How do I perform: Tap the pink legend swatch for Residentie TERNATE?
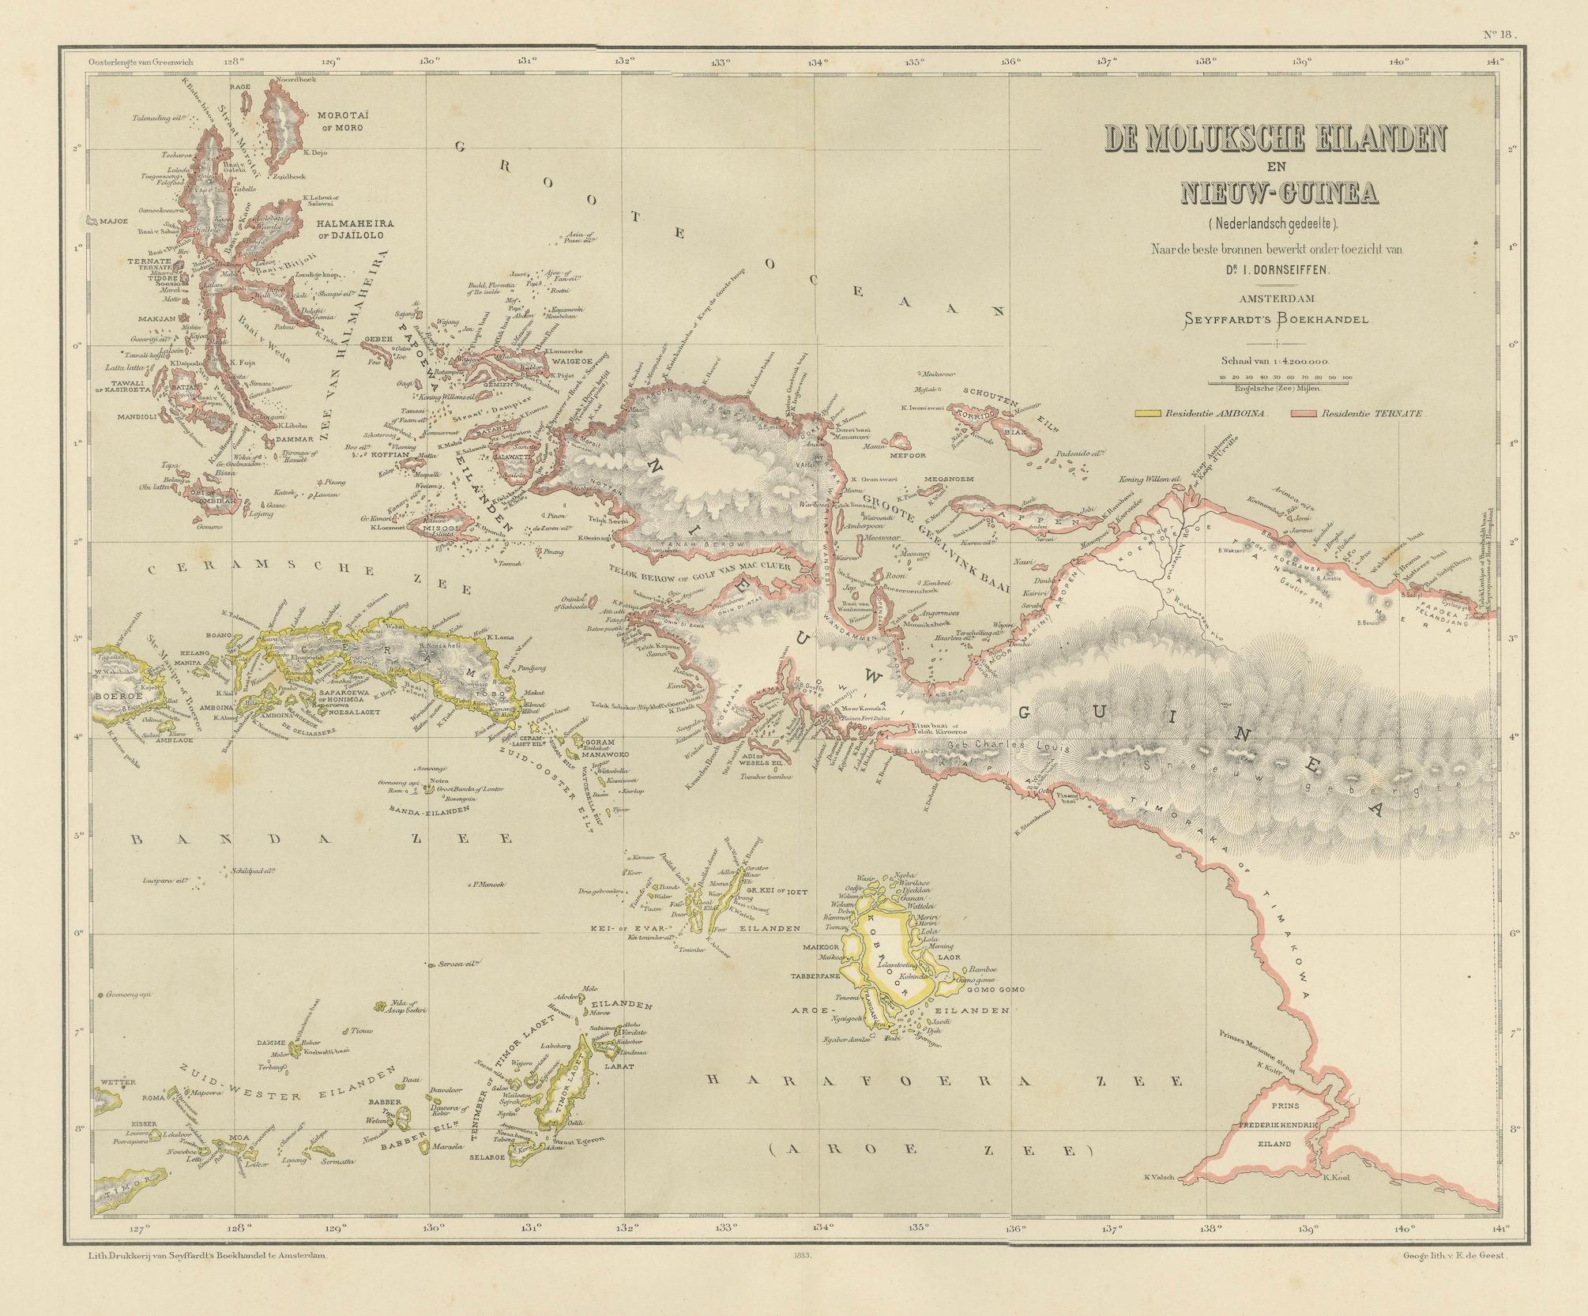tap(1304, 412)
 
